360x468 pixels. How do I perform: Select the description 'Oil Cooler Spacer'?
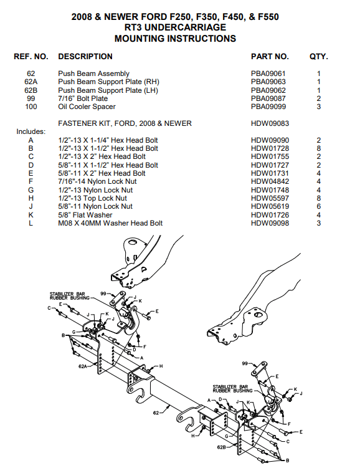pyautogui.click(x=85, y=107)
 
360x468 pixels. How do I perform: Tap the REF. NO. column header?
pyautogui.click(x=31, y=57)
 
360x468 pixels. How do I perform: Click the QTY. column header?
pyautogui.click(x=318, y=57)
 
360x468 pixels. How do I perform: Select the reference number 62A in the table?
pyautogui.click(x=31, y=82)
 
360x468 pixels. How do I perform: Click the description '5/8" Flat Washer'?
pyautogui.click(x=84, y=214)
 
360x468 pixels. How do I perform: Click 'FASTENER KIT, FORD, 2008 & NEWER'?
pyautogui.click(x=125, y=123)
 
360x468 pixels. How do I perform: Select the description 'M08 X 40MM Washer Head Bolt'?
pyautogui.click(x=110, y=223)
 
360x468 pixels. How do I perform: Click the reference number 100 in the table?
pyautogui.click(x=31, y=107)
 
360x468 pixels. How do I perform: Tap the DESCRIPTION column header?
pyautogui.click(x=85, y=57)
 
